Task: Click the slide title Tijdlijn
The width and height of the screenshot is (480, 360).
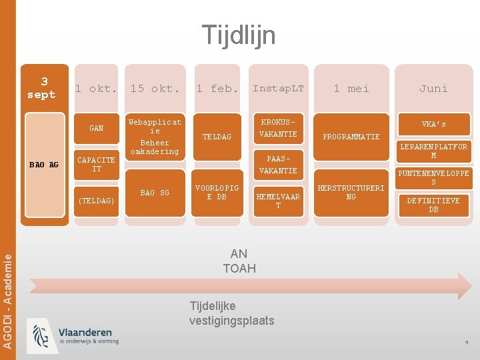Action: click(238, 35)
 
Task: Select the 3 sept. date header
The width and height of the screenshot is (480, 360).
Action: click(44, 88)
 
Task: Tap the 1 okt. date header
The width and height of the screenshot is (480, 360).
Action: click(96, 89)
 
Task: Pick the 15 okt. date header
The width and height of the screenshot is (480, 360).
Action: click(155, 89)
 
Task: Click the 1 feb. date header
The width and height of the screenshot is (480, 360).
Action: click(217, 89)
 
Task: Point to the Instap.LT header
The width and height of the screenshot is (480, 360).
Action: click(278, 89)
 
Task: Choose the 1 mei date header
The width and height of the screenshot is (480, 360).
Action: click(351, 89)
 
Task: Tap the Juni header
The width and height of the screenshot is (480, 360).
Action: click(433, 89)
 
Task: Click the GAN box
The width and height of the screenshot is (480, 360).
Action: click(97, 128)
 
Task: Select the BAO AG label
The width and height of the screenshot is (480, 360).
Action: click(44, 165)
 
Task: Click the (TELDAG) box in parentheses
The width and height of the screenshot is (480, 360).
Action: click(97, 201)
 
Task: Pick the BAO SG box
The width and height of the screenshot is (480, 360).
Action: click(155, 193)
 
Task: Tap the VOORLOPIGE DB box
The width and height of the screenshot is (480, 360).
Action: click(217, 192)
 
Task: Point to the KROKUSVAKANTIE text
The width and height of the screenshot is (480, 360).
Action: click(278, 129)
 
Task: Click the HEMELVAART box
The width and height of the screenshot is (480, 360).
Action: click(278, 201)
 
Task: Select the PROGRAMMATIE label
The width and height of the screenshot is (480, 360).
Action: click(351, 137)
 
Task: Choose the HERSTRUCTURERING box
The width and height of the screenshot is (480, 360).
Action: click(351, 192)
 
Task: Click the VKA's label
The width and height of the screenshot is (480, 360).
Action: click(433, 124)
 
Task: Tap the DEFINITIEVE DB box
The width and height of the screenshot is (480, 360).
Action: click(433, 205)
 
